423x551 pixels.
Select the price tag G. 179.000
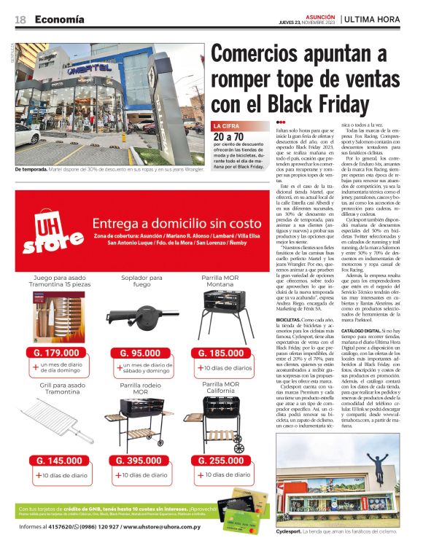pyautogui.click(x=57, y=353)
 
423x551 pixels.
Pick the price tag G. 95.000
pyautogui.click(x=139, y=353)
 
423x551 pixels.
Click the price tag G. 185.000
pyautogui.click(x=222, y=353)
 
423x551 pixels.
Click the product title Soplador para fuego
pyautogui.click(x=139, y=281)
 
